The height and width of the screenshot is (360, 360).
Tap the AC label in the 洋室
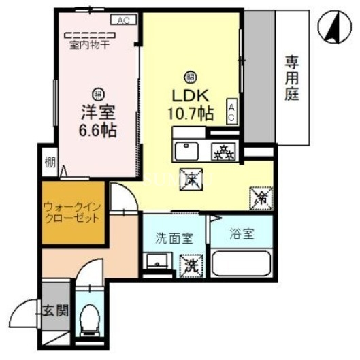[122, 21]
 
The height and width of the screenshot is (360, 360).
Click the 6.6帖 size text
[98, 129]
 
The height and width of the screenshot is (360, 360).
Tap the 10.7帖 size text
[190, 114]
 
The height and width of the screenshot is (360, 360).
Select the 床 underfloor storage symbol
[191, 179]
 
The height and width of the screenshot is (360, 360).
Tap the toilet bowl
[88, 318]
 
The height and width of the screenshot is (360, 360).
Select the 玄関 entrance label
[56, 312]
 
